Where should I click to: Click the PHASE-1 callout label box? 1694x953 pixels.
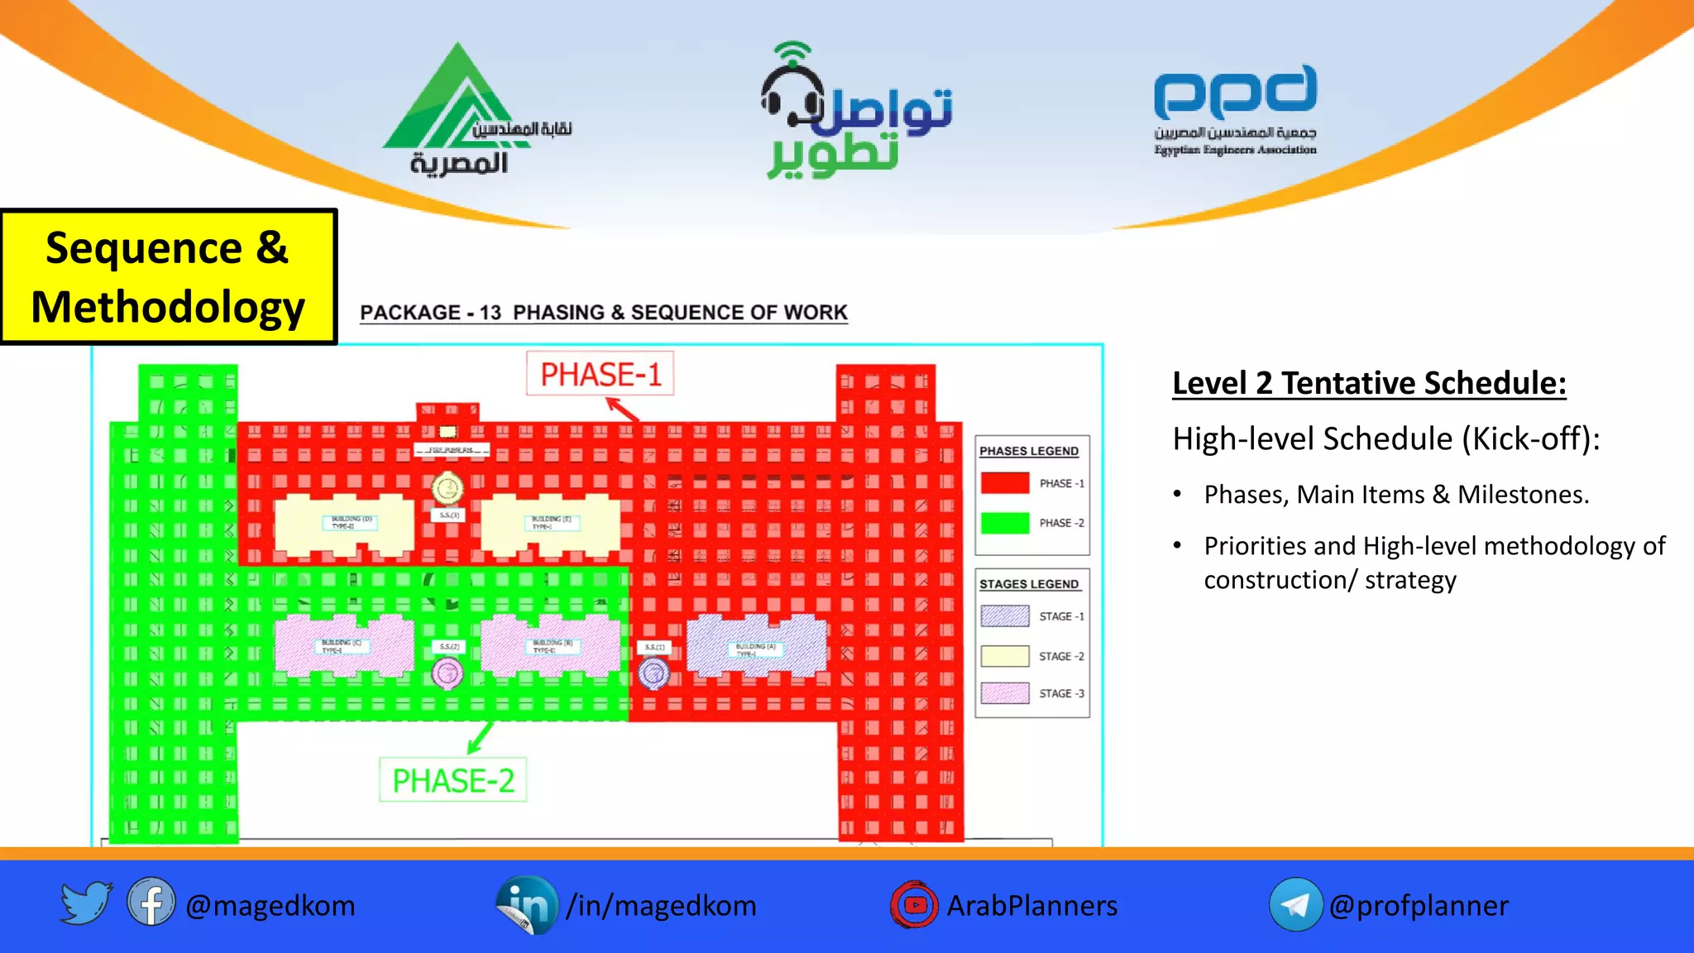coord(601,375)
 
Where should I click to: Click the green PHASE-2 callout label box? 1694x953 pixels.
coord(453,780)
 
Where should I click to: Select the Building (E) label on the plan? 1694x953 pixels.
coord(549,522)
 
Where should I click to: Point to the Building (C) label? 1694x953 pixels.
coord(340,646)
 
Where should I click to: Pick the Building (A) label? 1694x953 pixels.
coord(755,649)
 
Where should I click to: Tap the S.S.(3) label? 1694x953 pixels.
coord(449,515)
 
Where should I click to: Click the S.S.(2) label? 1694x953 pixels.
coord(449,646)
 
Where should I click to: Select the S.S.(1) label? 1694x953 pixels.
coord(654,647)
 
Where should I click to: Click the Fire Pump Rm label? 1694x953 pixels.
coord(451,450)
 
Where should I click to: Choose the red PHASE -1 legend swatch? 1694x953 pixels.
coord(1005,483)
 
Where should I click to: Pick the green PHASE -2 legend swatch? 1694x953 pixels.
coord(1005,523)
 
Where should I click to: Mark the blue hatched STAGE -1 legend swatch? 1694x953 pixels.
coord(1005,616)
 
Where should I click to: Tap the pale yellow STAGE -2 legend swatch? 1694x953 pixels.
coord(1005,656)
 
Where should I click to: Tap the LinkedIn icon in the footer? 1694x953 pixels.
coord(527,905)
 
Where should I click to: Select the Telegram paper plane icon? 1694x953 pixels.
coord(1295,905)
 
